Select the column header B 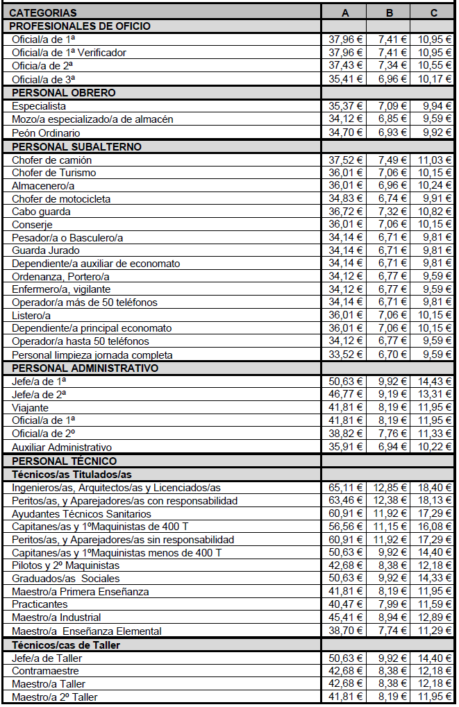(390, 12)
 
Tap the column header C (434, 12)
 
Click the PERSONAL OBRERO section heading (63, 92)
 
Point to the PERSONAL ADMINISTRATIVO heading (85, 368)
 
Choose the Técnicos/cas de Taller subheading (66, 645)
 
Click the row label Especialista (39, 106)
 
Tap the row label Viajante (31, 408)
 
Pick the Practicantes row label (41, 604)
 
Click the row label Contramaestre (45, 671)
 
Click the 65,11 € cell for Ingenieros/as (346, 488)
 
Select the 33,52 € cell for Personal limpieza (346, 355)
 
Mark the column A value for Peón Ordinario (346, 133)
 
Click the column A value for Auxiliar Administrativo (346, 447)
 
